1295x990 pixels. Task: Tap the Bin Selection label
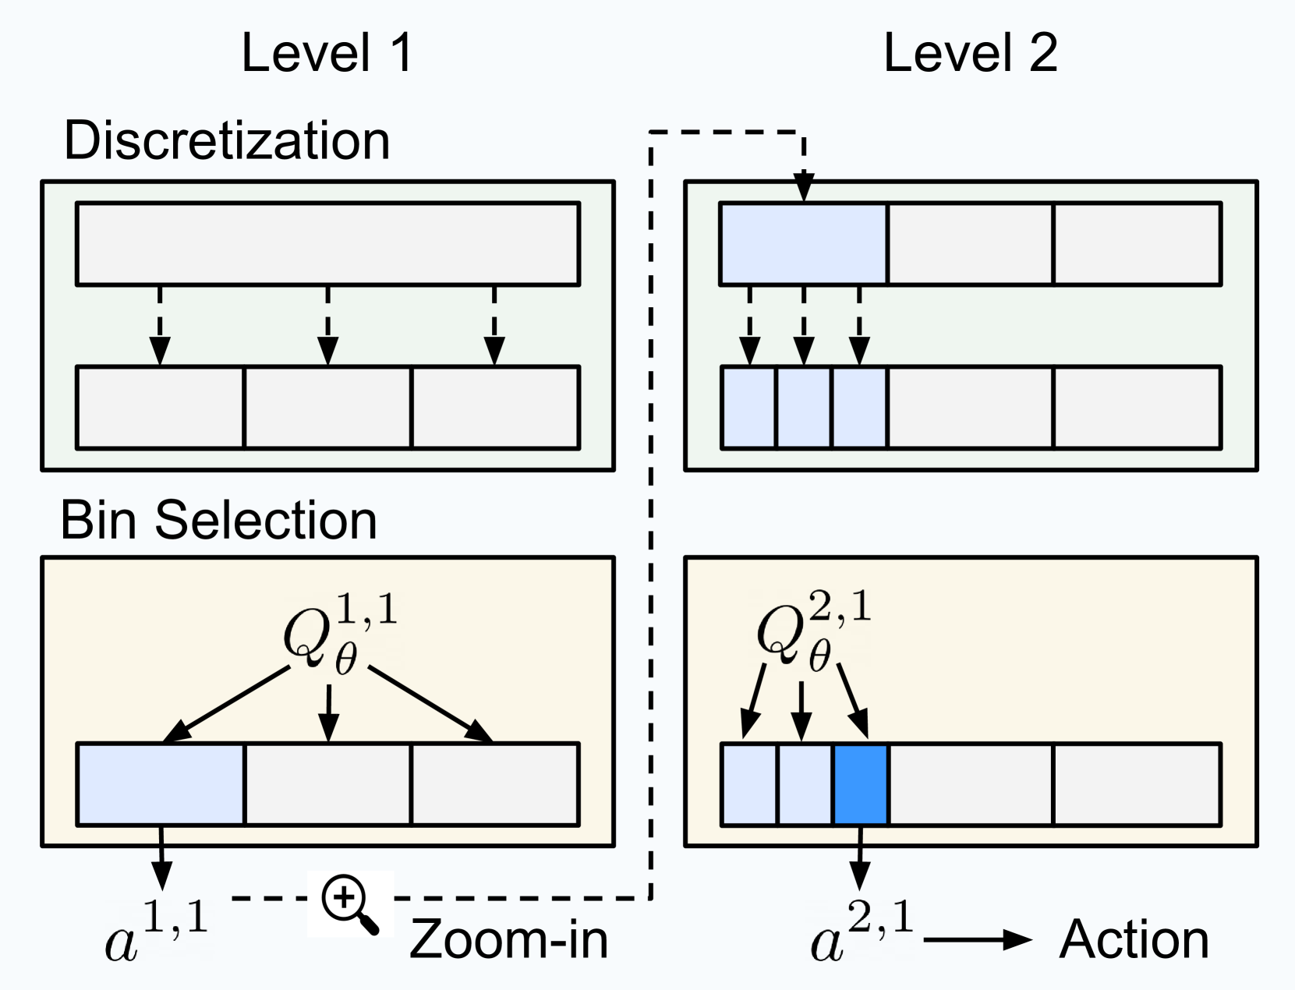click(219, 520)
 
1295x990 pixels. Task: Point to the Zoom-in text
click(508, 939)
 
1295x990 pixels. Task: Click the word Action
click(1134, 939)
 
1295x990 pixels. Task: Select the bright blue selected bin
click(861, 784)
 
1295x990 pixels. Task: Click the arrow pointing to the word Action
click(978, 939)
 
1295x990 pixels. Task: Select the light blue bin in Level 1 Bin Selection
click(161, 784)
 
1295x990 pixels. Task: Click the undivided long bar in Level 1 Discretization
click(327, 244)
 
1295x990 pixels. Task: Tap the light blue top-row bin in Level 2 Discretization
click(804, 244)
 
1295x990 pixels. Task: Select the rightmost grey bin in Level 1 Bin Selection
click(495, 784)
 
